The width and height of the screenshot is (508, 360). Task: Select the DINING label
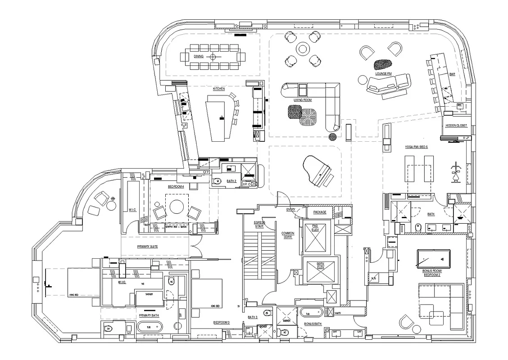coord(199,57)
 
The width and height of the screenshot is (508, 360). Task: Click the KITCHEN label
coord(219,89)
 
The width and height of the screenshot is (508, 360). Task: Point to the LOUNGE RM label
coord(383,73)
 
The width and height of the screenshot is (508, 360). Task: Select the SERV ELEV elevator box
coord(320,270)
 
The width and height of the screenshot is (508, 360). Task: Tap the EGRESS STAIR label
coord(259,225)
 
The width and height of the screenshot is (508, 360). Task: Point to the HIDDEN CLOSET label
coord(456,126)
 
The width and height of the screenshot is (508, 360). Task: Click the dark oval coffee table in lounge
coord(383,66)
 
